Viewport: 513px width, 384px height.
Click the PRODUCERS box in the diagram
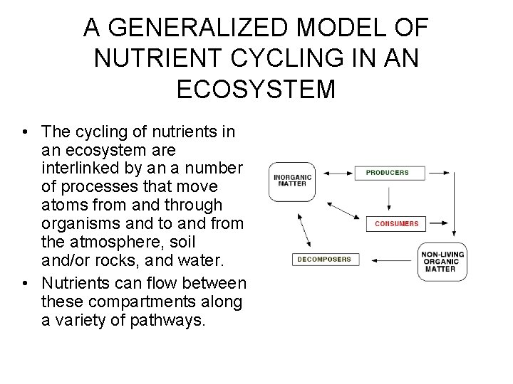pos(388,173)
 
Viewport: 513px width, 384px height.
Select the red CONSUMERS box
pos(397,224)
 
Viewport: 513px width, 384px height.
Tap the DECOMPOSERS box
pos(324,260)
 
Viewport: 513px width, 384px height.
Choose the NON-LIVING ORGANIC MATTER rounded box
pos(442,262)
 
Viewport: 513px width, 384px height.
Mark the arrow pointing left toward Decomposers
pos(388,260)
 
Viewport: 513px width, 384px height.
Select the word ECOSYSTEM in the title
pos(256,90)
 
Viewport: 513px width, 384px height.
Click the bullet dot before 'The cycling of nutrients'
pos(25,132)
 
